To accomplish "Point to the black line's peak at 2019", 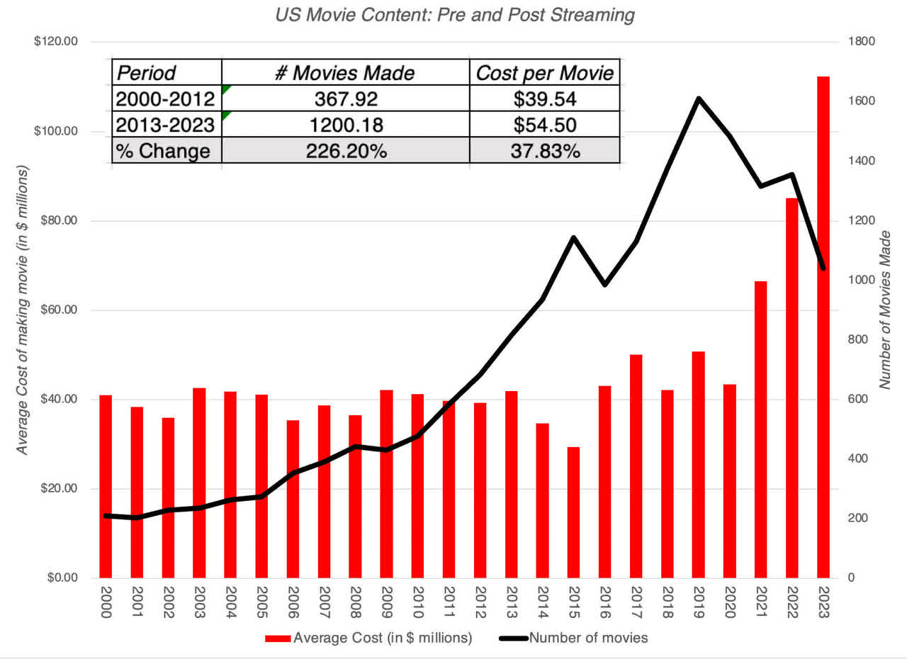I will click(699, 98).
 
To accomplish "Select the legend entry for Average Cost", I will click(368, 638).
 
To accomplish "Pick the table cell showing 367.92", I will click(345, 98).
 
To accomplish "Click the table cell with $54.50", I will click(544, 125).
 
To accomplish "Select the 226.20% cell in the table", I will click(345, 151).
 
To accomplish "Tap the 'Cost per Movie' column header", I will click(544, 72).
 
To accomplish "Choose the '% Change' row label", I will click(165, 151).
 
